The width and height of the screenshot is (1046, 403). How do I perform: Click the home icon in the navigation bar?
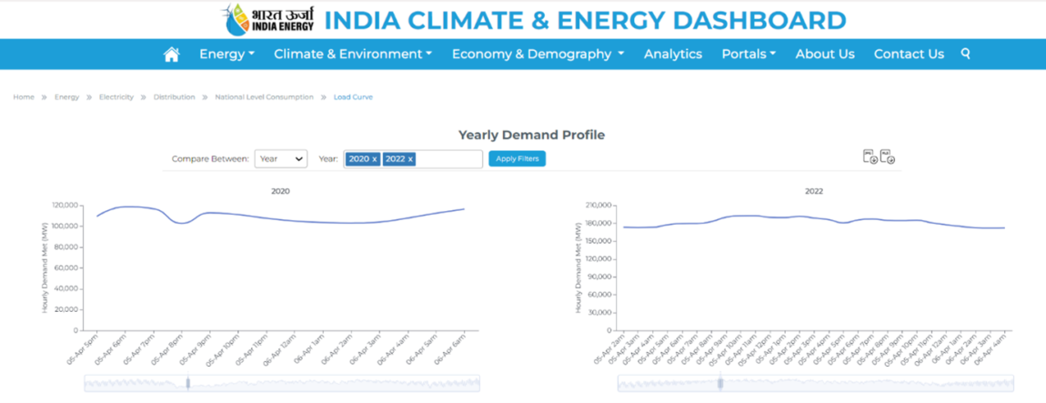point(171,55)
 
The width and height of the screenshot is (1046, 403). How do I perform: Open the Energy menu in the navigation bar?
point(226,54)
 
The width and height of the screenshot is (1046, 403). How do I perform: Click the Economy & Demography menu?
point(538,54)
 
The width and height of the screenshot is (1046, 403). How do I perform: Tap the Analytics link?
point(673,54)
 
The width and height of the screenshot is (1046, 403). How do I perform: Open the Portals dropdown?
point(749,54)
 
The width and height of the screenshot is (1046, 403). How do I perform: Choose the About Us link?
point(825,54)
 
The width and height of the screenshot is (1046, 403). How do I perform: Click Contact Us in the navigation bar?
point(909,54)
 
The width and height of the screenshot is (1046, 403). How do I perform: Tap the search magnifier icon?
point(966,54)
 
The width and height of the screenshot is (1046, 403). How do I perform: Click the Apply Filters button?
point(517,158)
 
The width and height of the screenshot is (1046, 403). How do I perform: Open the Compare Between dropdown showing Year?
point(280,158)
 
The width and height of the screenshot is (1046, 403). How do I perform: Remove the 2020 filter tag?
point(375,159)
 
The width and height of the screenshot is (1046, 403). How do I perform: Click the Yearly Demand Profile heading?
point(531,135)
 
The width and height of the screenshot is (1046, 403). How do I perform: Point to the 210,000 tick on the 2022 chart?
point(597,205)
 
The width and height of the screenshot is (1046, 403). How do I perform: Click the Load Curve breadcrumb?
point(353,97)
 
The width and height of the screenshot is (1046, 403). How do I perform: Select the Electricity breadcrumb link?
point(116,97)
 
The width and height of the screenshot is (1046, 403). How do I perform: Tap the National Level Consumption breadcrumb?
point(264,97)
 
